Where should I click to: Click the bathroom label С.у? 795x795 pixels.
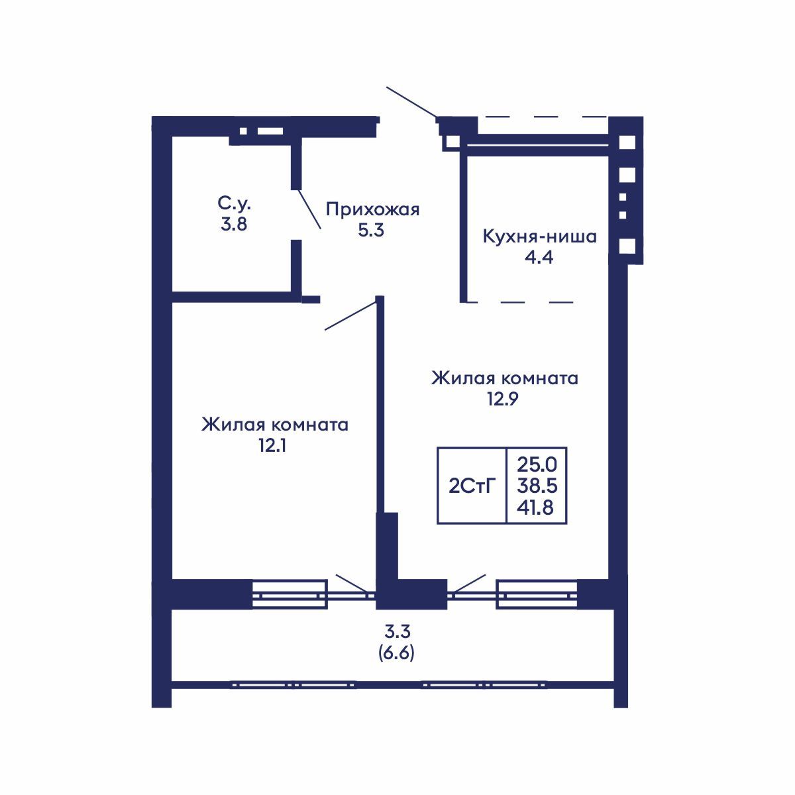coord(235,202)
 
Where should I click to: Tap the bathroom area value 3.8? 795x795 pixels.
coord(234,224)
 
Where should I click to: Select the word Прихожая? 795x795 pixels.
coord(372,210)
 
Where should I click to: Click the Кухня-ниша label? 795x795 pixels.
coord(539,237)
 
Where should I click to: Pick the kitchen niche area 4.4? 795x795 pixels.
coord(539,257)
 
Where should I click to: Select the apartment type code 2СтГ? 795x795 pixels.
coord(472,486)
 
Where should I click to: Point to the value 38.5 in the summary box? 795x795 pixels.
coord(537,486)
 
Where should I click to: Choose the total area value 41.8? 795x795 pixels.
coord(537,508)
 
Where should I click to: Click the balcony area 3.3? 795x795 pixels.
coord(396,631)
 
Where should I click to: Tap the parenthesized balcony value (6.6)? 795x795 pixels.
coord(396,653)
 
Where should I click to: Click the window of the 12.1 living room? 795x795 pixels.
coord(290,594)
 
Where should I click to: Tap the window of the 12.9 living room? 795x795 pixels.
coord(536,594)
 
